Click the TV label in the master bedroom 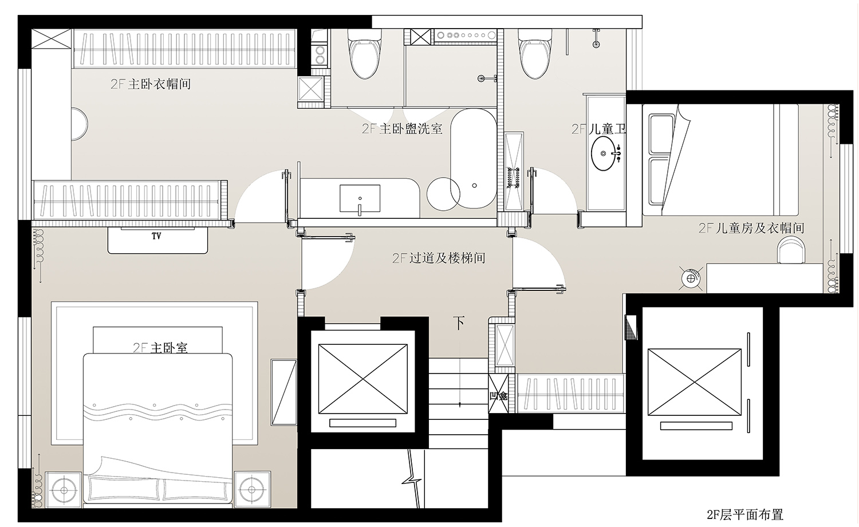(x=156, y=236)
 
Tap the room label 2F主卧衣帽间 (x=151, y=84)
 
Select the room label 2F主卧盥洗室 (x=402, y=129)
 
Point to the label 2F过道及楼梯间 (x=439, y=258)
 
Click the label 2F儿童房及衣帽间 (x=751, y=228)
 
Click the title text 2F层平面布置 (x=744, y=515)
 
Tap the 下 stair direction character (x=459, y=323)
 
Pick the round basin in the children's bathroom (x=605, y=154)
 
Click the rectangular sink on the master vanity (x=360, y=199)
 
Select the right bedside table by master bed (x=252, y=489)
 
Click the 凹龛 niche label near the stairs (x=498, y=395)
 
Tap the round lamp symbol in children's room (x=691, y=278)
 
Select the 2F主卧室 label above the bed (x=160, y=348)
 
